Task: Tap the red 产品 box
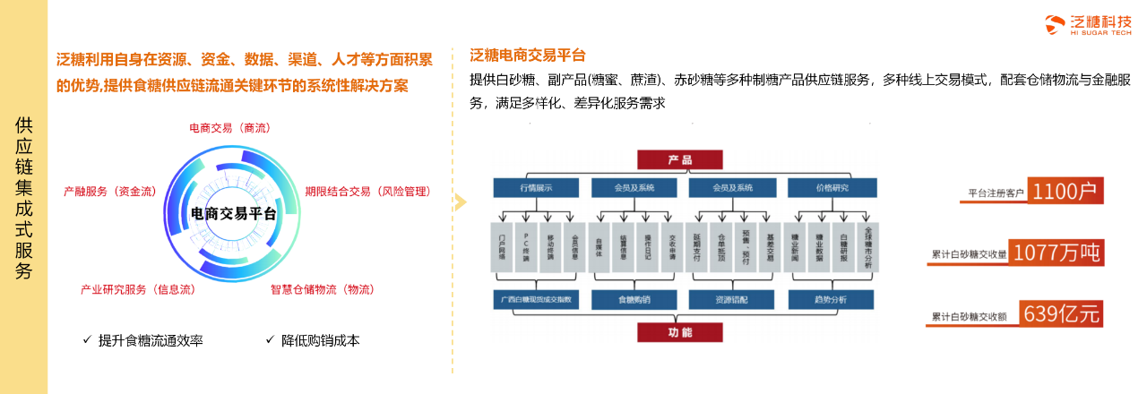(679, 159)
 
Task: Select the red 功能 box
(679, 332)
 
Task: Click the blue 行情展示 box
(536, 188)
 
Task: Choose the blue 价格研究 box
(832, 188)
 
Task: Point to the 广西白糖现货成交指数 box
(536, 299)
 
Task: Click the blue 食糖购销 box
(634, 299)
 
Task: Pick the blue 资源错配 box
(731, 299)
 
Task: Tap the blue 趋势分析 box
(831, 299)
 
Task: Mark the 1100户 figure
(1065, 192)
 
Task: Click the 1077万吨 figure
(1056, 253)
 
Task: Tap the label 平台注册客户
(996, 193)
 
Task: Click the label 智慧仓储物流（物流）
(323, 289)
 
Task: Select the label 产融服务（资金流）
(110, 192)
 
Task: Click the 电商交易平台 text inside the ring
(234, 213)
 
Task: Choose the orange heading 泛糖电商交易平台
(527, 55)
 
